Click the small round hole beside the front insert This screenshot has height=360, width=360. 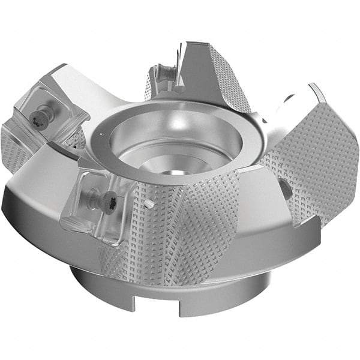[x=148, y=204]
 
